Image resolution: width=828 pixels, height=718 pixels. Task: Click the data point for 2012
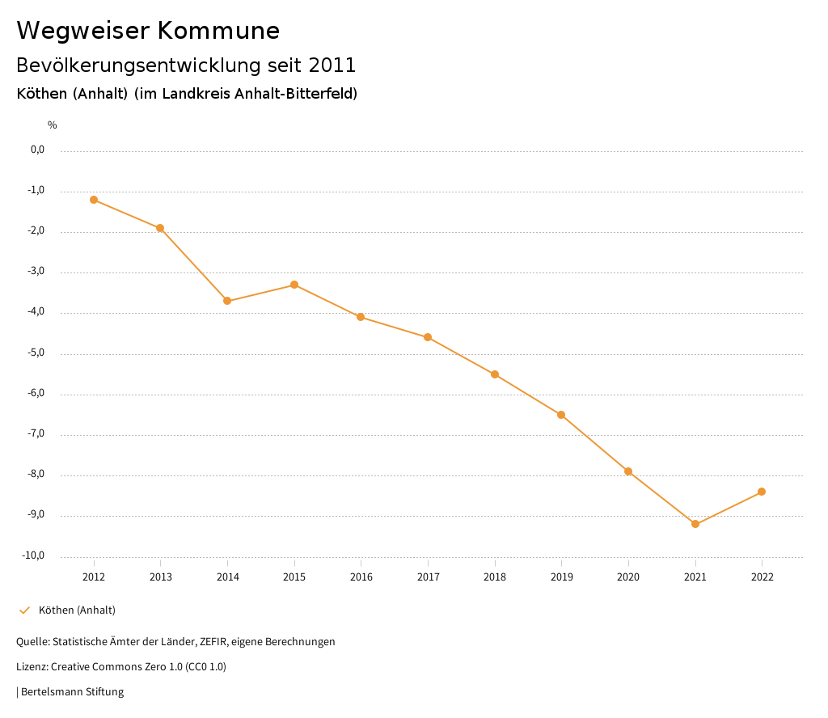coord(94,200)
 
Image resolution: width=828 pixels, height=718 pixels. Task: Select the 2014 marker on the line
coord(227,301)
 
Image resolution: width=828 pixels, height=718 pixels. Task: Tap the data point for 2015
coord(294,285)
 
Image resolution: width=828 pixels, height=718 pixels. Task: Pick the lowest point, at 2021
coord(695,524)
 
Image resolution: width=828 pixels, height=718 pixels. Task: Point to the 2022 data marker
coord(762,492)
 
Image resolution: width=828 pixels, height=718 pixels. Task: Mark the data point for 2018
coord(495,374)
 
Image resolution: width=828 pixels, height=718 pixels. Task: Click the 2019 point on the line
coord(561,415)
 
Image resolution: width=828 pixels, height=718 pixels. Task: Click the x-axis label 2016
coord(361,577)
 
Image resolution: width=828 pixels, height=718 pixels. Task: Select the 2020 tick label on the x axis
coord(628,577)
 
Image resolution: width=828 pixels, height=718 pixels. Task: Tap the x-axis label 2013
coord(161,577)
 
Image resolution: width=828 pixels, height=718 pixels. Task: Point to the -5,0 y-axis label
coord(37,353)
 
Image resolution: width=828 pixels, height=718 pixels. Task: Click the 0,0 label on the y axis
coord(37,150)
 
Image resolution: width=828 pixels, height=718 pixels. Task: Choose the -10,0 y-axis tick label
coord(36,555)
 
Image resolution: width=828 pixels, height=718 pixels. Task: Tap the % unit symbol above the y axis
coord(53,125)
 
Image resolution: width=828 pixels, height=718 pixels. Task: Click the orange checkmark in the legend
coord(24,610)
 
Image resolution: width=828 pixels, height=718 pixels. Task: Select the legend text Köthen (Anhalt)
coord(77,610)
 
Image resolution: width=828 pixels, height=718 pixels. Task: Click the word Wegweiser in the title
coord(82,31)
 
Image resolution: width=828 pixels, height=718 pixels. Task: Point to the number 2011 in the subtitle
coord(332,65)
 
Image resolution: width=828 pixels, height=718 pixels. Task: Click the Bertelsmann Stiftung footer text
coord(72,692)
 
